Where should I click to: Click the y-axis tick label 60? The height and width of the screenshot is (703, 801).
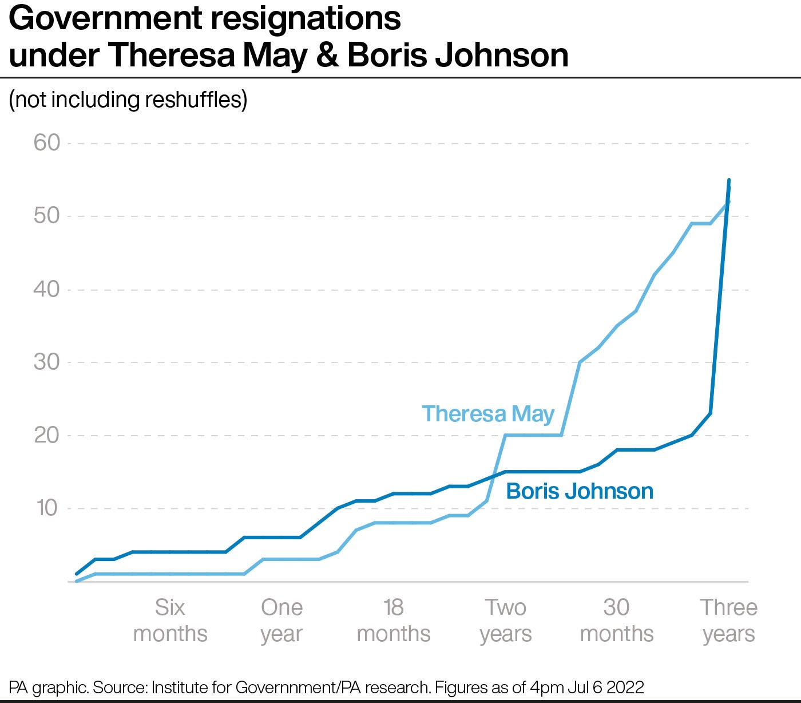(47, 143)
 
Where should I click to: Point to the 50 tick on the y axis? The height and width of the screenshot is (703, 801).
(47, 216)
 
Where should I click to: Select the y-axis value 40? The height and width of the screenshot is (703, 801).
(47, 289)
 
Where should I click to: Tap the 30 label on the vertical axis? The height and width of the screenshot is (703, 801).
(47, 362)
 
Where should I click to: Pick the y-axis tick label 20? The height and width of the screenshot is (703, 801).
(47, 436)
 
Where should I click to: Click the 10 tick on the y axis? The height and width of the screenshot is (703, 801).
(48, 508)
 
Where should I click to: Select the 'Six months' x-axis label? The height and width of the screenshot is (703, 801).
(170, 621)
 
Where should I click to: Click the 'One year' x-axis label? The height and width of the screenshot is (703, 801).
(281, 621)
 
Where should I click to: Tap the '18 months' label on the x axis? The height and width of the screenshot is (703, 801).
(393, 621)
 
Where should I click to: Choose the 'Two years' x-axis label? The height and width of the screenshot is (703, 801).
(505, 621)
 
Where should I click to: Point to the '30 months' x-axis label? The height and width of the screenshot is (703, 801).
(616, 621)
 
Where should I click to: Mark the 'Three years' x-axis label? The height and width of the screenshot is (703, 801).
(728, 621)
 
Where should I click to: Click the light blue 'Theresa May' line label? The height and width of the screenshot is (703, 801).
(488, 413)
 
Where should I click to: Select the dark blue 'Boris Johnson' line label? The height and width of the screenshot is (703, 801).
(580, 491)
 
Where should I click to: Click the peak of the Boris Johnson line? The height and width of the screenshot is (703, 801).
(729, 180)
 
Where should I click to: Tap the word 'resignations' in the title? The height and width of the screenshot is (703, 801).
(306, 19)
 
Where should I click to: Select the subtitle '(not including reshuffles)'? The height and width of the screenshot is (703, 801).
(128, 100)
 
